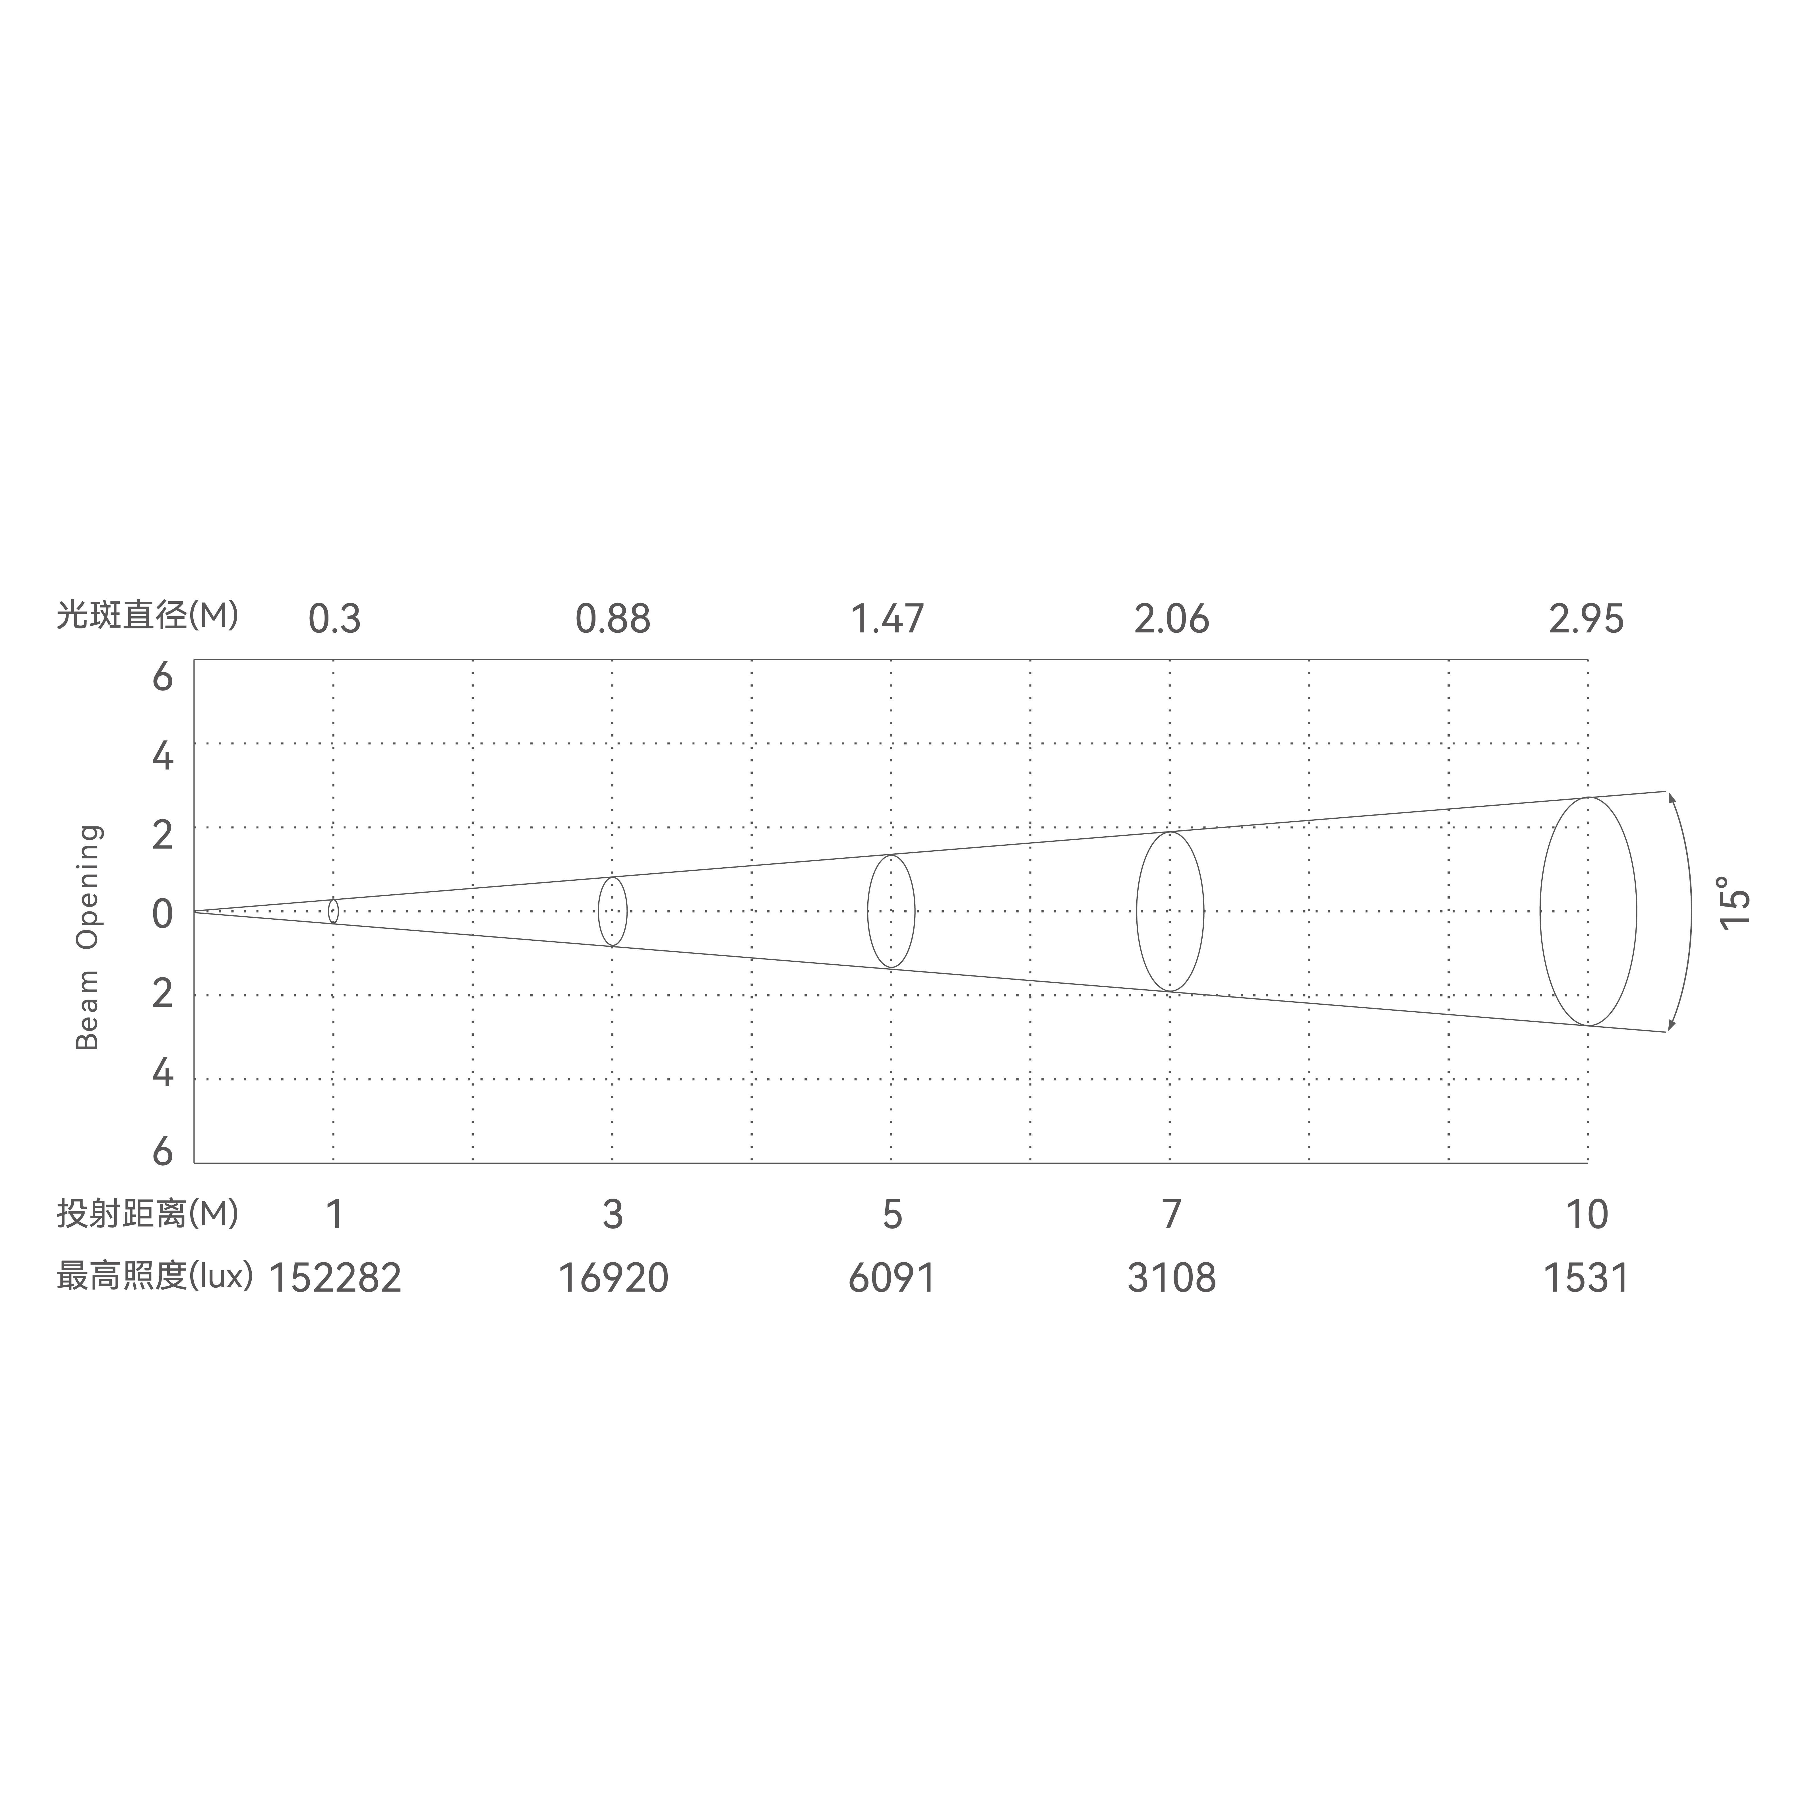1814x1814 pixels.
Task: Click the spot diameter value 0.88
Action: click(x=612, y=620)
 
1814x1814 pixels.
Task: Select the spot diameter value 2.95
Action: click(x=1586, y=620)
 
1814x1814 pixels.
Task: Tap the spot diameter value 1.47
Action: click(x=887, y=620)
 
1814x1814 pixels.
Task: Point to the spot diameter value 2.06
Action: click(x=1171, y=620)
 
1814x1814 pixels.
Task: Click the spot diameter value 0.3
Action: click(x=334, y=620)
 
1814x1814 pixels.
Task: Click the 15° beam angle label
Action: click(x=1735, y=903)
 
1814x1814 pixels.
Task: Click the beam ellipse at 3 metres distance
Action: click(x=612, y=912)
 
